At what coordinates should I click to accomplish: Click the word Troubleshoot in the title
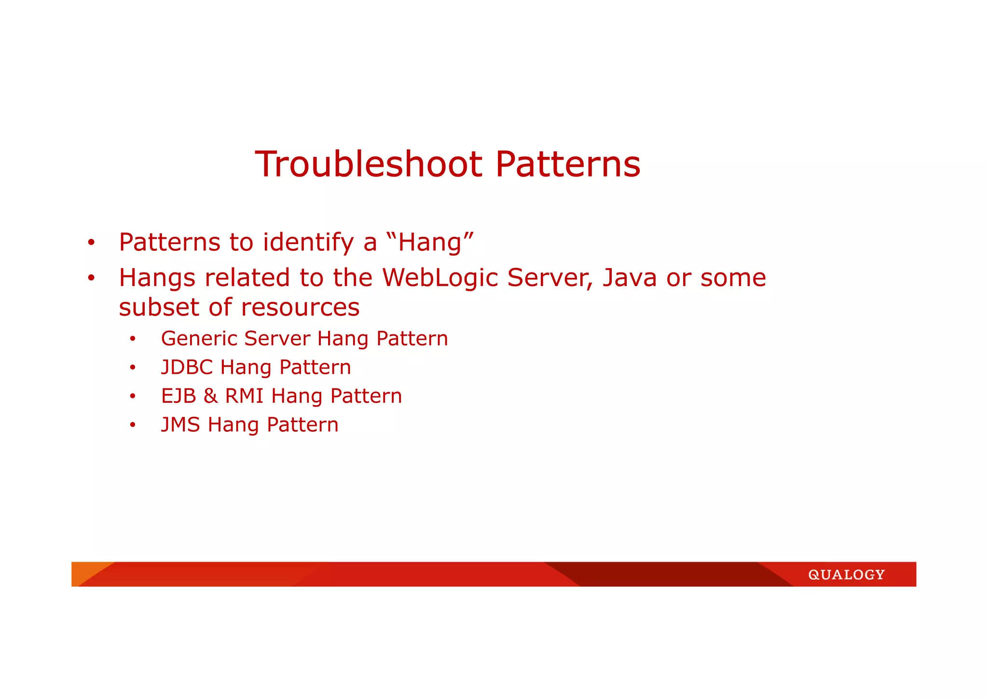pos(369,164)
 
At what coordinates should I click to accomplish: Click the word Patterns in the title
pos(568,164)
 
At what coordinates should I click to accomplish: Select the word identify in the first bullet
pos(308,243)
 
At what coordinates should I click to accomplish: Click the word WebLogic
pos(440,278)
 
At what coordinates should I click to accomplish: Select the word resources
pos(300,308)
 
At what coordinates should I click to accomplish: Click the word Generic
pos(199,339)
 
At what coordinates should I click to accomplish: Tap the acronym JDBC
pos(187,368)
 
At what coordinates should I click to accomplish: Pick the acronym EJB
pos(178,396)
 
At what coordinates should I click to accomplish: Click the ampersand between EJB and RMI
pos(210,396)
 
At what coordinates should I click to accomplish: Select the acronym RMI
pos(244,396)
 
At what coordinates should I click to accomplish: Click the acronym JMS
pos(180,425)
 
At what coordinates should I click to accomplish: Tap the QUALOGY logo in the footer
pos(846,575)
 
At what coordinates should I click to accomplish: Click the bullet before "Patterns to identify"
pos(91,243)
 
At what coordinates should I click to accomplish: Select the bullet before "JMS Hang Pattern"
pos(133,425)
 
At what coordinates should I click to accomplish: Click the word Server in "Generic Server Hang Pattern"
pos(277,339)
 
